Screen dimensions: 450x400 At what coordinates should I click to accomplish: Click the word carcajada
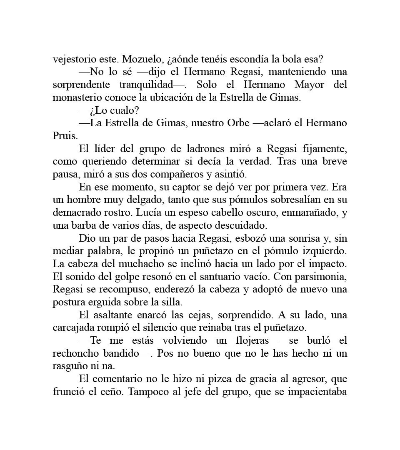[74, 328]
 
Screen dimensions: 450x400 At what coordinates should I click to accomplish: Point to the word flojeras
[251, 340]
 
